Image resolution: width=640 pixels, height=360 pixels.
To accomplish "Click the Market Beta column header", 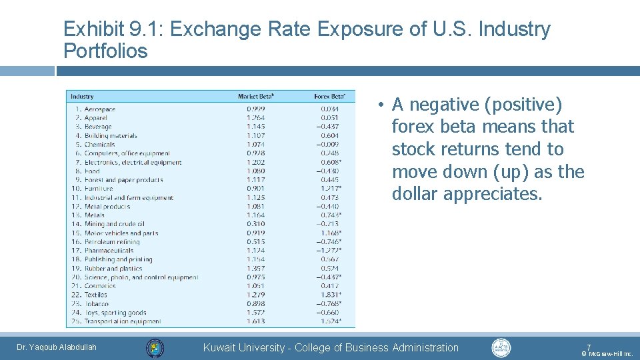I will (256, 97).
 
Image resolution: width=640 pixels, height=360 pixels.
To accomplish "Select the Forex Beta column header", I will (329, 97).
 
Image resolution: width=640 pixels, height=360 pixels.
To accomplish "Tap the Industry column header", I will (82, 97).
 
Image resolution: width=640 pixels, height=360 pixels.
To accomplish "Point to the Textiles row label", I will (95, 295).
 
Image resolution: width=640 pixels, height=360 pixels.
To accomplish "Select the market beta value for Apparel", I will (255, 118).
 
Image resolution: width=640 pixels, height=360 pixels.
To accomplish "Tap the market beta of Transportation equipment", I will (255, 321).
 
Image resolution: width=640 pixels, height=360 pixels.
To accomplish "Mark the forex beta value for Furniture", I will (329, 189).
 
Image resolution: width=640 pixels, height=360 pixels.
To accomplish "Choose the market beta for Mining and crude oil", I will (255, 224).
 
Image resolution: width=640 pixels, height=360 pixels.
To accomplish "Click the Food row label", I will (92, 171).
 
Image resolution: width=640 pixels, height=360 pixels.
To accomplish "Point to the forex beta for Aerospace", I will (329, 109).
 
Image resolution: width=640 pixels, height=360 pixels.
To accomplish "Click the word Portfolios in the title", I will (105, 51).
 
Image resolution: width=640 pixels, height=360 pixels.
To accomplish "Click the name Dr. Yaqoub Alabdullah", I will (57, 347).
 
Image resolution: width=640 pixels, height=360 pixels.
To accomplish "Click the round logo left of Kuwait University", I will (155, 348).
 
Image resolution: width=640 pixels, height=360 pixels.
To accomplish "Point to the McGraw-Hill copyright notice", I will (607, 354).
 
